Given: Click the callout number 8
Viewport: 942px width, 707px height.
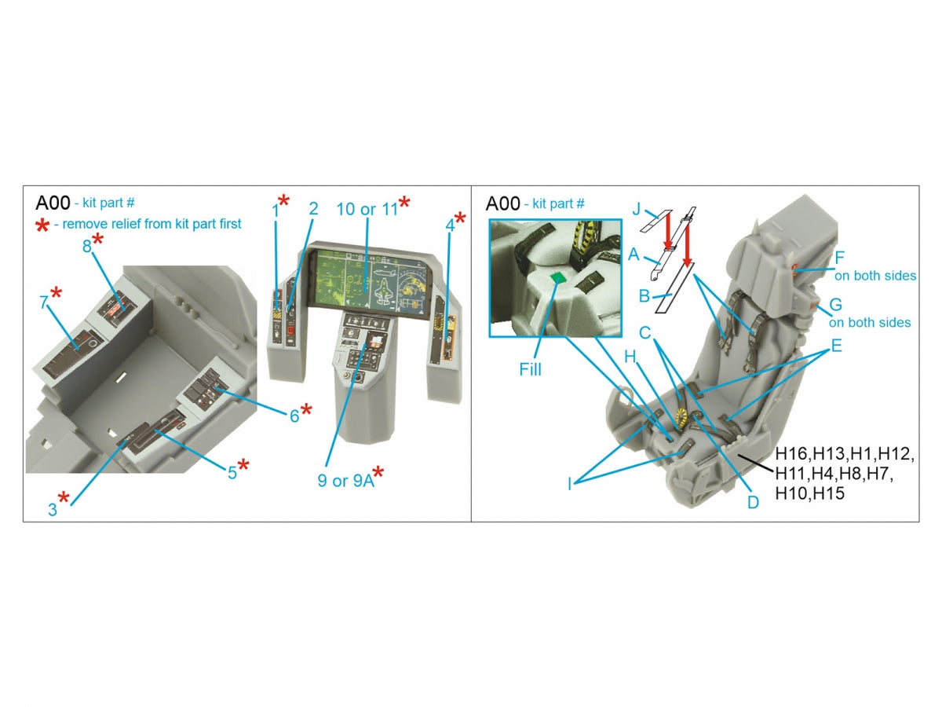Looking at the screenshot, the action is click(x=86, y=246).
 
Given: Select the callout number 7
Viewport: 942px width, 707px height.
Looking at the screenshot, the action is click(x=43, y=302).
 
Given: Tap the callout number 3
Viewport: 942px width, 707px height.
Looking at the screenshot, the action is click(x=53, y=510).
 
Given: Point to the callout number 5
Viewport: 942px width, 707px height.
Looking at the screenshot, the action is click(x=232, y=473).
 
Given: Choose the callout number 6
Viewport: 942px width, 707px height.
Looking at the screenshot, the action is click(x=294, y=416).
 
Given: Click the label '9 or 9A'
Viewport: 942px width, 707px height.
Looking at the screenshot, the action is click(x=346, y=480).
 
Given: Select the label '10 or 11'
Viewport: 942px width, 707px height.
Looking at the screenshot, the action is click(x=367, y=209).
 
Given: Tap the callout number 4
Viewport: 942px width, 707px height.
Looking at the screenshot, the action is click(x=450, y=225).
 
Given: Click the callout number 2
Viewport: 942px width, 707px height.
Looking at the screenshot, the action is click(x=314, y=209).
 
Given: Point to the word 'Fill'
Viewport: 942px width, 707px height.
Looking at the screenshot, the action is click(x=530, y=369).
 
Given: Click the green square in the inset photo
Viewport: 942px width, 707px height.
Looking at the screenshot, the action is click(x=558, y=278).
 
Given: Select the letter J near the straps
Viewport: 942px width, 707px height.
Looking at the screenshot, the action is click(x=637, y=210).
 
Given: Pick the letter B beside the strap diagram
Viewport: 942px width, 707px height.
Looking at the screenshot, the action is click(x=644, y=296).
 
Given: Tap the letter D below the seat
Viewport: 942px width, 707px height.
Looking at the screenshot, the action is click(x=753, y=502).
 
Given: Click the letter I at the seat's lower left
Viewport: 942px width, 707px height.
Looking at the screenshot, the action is click(x=569, y=484).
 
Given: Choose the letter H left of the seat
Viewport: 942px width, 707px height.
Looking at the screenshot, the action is click(x=630, y=357).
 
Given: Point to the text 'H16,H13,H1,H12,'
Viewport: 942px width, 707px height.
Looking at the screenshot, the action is click(x=845, y=454).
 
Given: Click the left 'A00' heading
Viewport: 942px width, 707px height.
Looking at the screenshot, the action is click(x=53, y=203).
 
